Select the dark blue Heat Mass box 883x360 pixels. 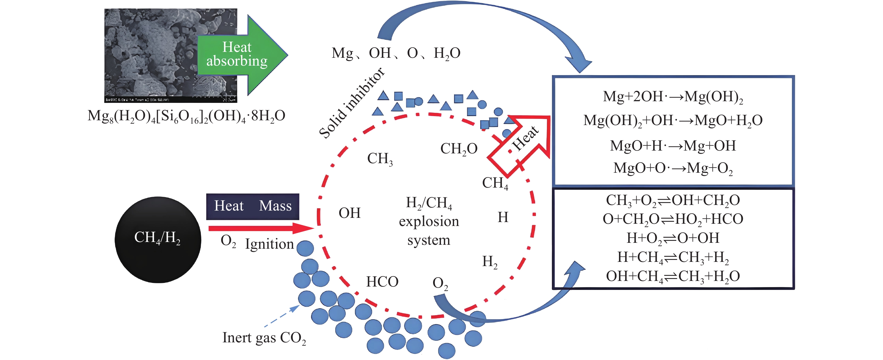(x=253, y=206)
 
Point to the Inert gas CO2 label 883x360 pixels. (x=264, y=338)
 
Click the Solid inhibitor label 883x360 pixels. (x=351, y=103)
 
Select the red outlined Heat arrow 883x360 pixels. (x=521, y=144)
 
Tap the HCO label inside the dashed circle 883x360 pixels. (x=382, y=282)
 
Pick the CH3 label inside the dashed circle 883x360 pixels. (x=380, y=159)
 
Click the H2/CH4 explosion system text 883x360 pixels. (x=429, y=221)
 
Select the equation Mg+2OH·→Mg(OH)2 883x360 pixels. (x=673, y=97)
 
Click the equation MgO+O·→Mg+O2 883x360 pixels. (x=673, y=168)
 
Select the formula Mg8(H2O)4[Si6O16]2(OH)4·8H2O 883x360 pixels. (x=186, y=116)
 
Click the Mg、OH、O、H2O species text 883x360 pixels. (x=396, y=53)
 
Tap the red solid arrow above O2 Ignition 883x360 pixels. (x=260, y=228)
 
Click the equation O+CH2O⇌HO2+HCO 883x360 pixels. (x=673, y=219)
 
